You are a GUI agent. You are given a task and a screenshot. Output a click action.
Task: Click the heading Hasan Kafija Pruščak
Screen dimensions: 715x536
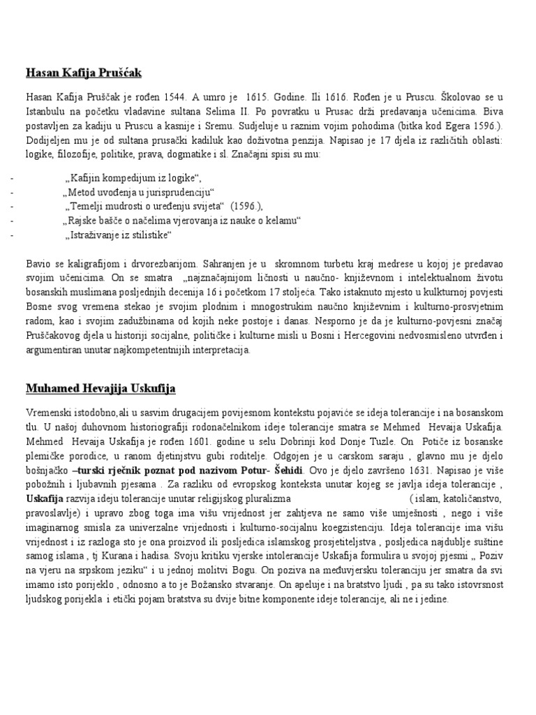[84, 73]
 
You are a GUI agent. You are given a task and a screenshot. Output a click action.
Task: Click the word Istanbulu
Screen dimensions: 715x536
[47, 111]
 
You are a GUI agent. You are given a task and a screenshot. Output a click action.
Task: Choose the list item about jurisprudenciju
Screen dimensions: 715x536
[137, 192]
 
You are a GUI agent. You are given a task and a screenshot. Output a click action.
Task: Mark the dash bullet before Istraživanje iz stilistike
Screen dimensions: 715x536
[12, 235]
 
